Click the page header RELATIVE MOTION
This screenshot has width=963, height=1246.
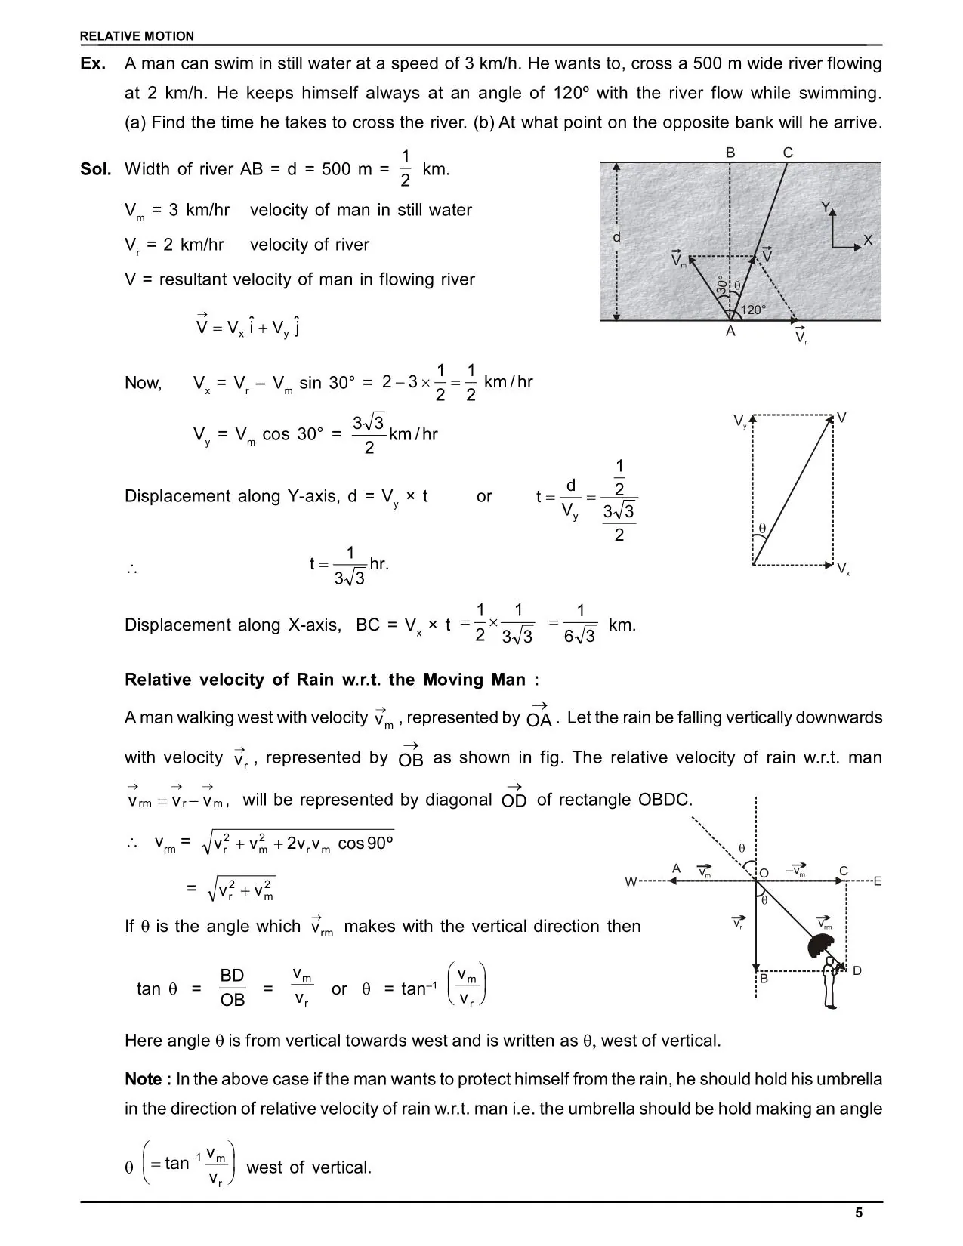point(137,36)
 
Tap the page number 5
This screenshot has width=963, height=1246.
point(859,1213)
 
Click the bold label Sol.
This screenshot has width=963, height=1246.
point(96,169)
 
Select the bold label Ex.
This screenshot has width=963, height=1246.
point(93,64)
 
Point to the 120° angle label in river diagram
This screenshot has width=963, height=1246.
point(753,310)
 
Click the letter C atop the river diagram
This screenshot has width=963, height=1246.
point(788,153)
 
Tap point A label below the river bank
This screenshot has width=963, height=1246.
point(730,332)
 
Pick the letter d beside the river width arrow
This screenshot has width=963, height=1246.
point(616,237)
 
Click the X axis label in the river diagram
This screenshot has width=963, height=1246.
point(868,240)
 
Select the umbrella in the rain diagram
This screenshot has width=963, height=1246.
point(820,945)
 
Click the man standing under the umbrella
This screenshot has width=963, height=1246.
point(831,984)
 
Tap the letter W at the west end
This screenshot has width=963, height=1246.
point(631,882)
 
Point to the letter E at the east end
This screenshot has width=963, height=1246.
point(878,881)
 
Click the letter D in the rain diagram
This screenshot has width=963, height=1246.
point(857,971)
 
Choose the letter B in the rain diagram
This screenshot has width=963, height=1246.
point(764,979)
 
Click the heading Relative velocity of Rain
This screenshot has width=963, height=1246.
point(332,680)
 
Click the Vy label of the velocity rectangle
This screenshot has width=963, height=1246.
point(740,421)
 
